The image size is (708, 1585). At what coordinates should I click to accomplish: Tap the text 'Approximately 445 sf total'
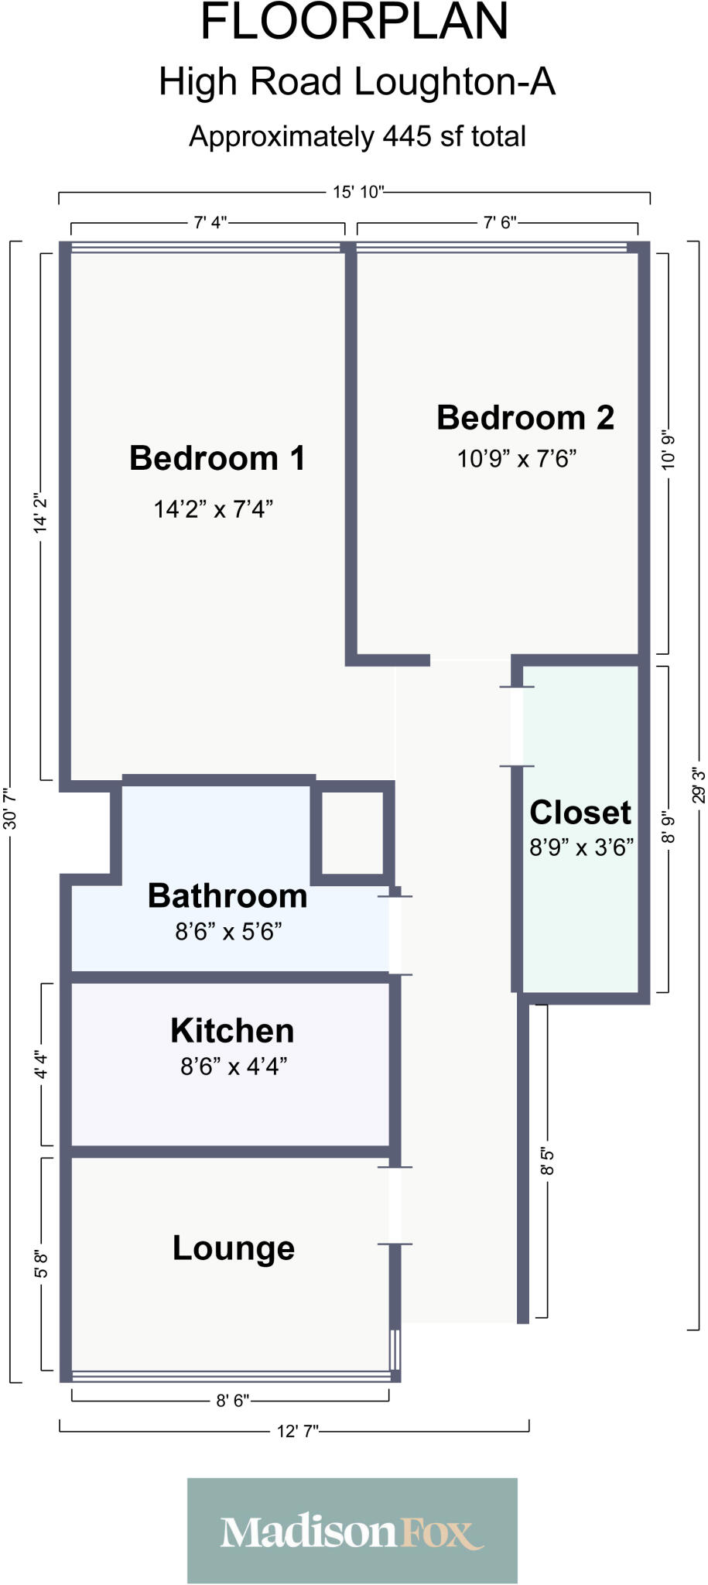coord(357,137)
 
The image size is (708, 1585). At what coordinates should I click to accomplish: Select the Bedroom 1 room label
coord(217,457)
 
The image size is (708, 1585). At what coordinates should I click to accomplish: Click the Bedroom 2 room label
coord(525,418)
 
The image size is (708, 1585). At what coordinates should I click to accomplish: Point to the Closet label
coord(580,813)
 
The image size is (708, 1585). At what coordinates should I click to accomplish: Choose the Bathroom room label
coord(227,895)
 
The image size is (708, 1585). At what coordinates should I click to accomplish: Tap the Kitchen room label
coord(232,1031)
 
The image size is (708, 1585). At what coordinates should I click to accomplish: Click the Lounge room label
coord(234,1248)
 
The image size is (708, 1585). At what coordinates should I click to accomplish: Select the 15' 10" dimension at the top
coord(358,192)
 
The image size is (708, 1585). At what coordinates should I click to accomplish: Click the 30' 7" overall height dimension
coord(11,810)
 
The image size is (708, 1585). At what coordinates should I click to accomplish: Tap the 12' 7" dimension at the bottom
coord(298,1432)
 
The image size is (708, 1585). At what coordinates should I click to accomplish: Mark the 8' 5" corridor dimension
coord(547,1162)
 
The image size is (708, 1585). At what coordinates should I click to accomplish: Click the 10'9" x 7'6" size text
coord(517,459)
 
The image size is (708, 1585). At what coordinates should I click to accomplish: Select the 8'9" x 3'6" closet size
coord(581,847)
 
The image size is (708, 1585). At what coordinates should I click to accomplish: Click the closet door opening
coord(516,726)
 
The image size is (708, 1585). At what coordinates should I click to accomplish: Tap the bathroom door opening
coord(395,935)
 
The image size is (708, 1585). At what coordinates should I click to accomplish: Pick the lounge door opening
coord(395,1205)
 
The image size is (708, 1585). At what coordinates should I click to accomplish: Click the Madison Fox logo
coord(352,1532)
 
